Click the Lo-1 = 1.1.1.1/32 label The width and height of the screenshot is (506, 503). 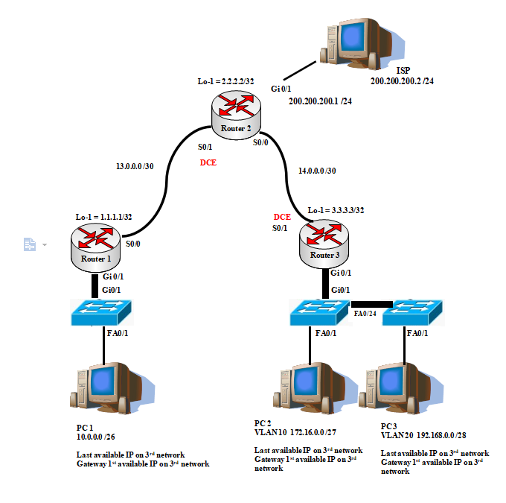(103, 217)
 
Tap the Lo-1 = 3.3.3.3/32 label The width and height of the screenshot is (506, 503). (336, 210)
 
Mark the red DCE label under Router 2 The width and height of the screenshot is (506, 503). (208, 162)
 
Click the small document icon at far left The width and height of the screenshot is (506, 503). (30, 244)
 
